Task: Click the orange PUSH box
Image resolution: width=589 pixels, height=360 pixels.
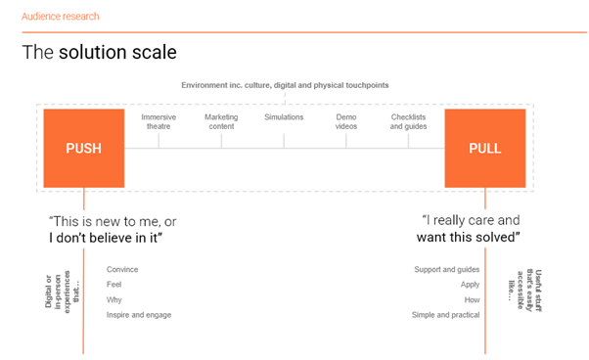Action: click(x=83, y=149)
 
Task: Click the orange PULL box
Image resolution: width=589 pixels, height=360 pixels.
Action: click(x=485, y=149)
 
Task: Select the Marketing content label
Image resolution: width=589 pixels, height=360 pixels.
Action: click(x=221, y=121)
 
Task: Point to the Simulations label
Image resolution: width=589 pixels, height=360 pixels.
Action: click(x=284, y=116)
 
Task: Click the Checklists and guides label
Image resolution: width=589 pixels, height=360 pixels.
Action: click(x=410, y=121)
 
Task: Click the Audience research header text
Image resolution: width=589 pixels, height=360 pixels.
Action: click(x=61, y=17)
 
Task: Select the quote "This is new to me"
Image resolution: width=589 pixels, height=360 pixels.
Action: click(x=112, y=222)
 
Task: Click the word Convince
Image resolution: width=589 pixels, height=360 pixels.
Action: click(x=122, y=269)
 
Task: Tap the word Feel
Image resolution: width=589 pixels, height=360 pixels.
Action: click(x=114, y=285)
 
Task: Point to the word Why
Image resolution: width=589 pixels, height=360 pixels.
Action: click(x=114, y=300)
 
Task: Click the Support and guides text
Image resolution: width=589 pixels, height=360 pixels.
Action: click(x=446, y=269)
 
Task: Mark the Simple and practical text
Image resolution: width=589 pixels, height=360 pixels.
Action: click(x=444, y=316)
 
